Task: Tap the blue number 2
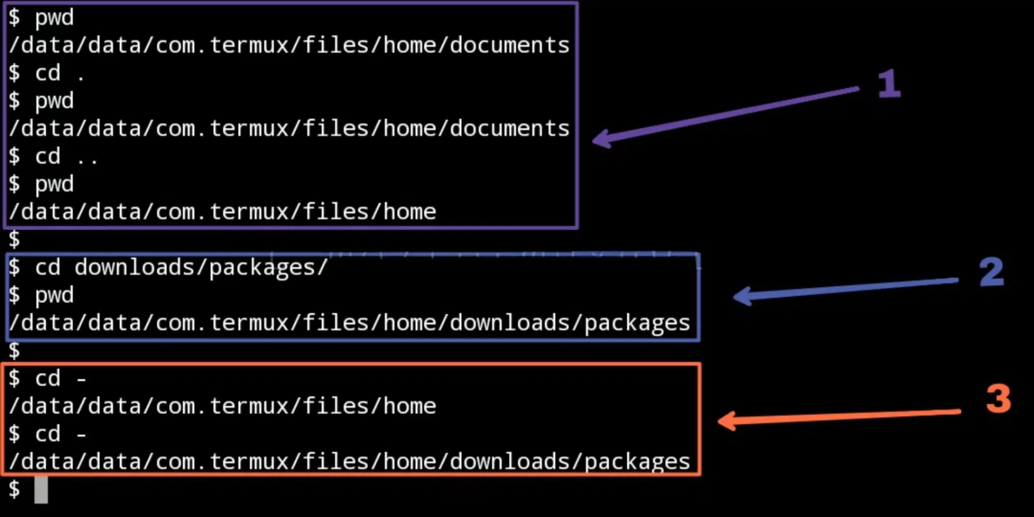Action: pyautogui.click(x=991, y=271)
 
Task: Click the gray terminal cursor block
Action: pyautogui.click(x=41, y=490)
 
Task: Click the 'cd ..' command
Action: pyautogui.click(x=67, y=156)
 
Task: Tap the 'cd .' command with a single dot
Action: pyautogui.click(x=60, y=73)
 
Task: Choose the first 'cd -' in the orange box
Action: pyautogui.click(x=60, y=378)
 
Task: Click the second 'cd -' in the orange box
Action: pyautogui.click(x=60, y=434)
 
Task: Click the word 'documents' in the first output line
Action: pyautogui.click(x=510, y=45)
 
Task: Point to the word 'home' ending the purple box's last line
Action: pyautogui.click(x=410, y=212)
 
